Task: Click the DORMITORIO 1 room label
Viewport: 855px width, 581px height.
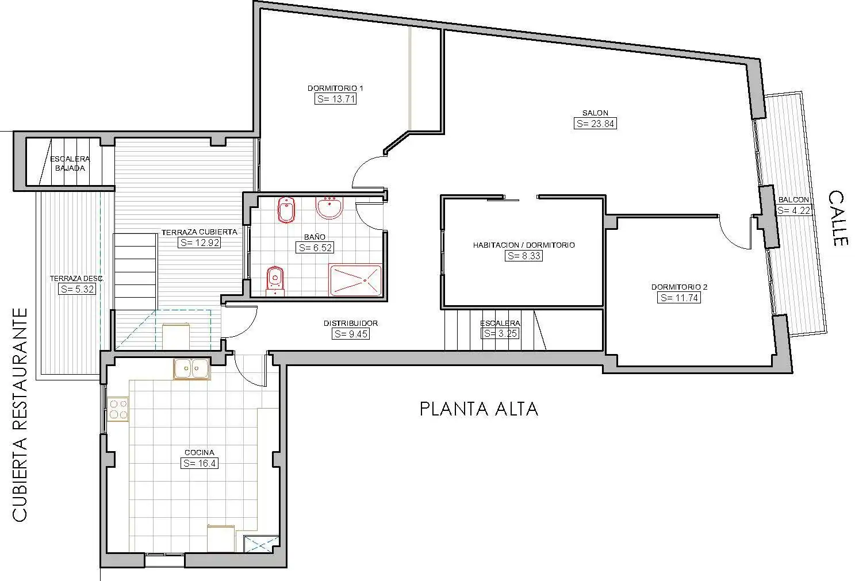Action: [x=335, y=88]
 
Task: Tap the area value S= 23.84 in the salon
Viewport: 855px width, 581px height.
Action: [x=595, y=124]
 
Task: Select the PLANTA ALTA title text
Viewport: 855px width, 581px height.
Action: [x=479, y=409]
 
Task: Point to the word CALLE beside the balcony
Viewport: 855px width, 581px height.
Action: [x=838, y=218]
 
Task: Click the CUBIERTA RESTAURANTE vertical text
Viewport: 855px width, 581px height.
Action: [x=20, y=415]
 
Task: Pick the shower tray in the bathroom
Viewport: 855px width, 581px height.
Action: [x=355, y=280]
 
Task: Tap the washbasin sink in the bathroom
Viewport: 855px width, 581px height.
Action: [x=329, y=207]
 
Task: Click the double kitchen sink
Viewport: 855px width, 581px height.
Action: [x=191, y=368]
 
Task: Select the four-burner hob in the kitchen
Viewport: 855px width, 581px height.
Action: [x=118, y=409]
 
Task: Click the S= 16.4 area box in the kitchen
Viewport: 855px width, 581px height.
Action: [x=200, y=463]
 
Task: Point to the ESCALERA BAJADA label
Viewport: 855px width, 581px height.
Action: [x=70, y=163]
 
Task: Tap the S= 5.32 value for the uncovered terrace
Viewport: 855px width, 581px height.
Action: [x=77, y=289]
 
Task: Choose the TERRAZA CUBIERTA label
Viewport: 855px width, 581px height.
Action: [x=200, y=232]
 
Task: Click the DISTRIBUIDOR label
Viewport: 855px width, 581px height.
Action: [x=351, y=323]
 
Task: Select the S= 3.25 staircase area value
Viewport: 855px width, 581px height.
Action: [x=500, y=333]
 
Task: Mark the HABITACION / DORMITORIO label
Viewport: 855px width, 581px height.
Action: [x=524, y=245]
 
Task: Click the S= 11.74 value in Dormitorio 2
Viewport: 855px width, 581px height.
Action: [x=679, y=298]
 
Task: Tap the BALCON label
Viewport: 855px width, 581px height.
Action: [x=793, y=199]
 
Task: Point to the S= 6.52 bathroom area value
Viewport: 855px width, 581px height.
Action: [x=315, y=248]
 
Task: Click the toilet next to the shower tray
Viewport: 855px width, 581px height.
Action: [x=275, y=280]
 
